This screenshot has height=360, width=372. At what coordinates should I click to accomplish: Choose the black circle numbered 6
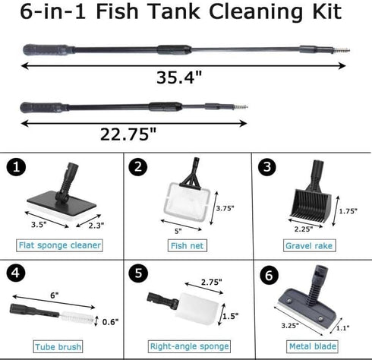point(265,272)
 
